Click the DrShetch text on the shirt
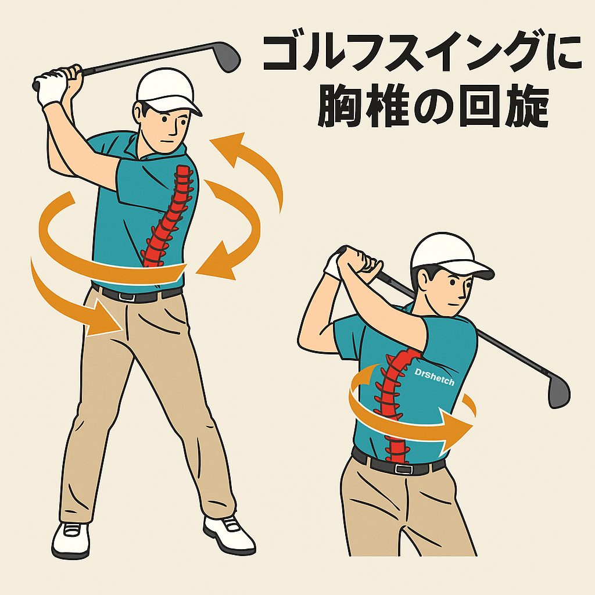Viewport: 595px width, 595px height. [434, 377]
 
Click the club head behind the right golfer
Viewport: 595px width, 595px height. [558, 391]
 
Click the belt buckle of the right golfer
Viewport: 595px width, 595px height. [403, 468]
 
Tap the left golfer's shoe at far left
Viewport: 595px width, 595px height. [71, 539]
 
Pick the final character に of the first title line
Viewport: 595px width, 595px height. [563, 52]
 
